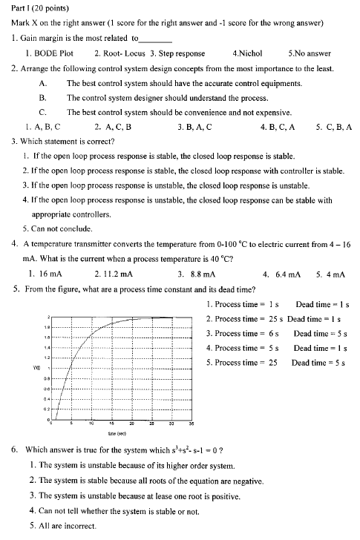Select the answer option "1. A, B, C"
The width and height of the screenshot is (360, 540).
(42, 127)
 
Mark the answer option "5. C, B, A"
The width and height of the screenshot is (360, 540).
(333, 127)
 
